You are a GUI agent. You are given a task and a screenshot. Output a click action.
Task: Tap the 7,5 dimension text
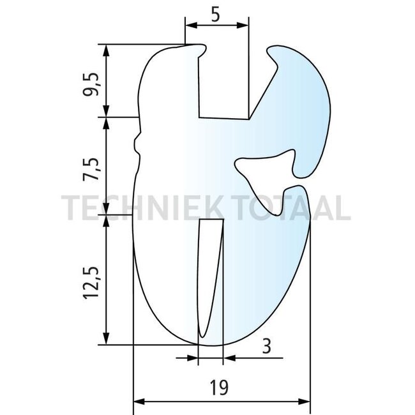pyautogui.click(x=94, y=169)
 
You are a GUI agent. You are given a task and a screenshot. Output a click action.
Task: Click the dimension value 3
pyautogui.click(x=266, y=347)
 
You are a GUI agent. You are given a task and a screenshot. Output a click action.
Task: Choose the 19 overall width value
pyautogui.click(x=220, y=388)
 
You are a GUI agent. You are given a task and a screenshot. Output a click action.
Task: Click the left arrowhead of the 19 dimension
pyautogui.click(x=137, y=402)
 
